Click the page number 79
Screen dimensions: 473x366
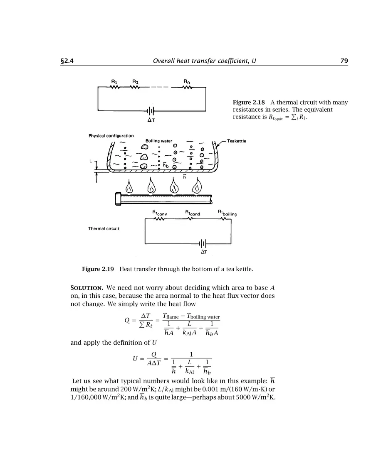click(x=344, y=61)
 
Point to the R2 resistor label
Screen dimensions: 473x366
click(x=135, y=81)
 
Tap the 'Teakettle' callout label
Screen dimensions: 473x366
click(x=236, y=141)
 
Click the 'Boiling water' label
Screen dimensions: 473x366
click(x=159, y=141)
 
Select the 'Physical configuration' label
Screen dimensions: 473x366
click(x=111, y=136)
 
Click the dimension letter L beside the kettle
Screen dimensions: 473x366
click(x=91, y=160)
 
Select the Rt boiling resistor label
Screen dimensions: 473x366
click(x=227, y=213)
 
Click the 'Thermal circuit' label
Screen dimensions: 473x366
click(x=104, y=229)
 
